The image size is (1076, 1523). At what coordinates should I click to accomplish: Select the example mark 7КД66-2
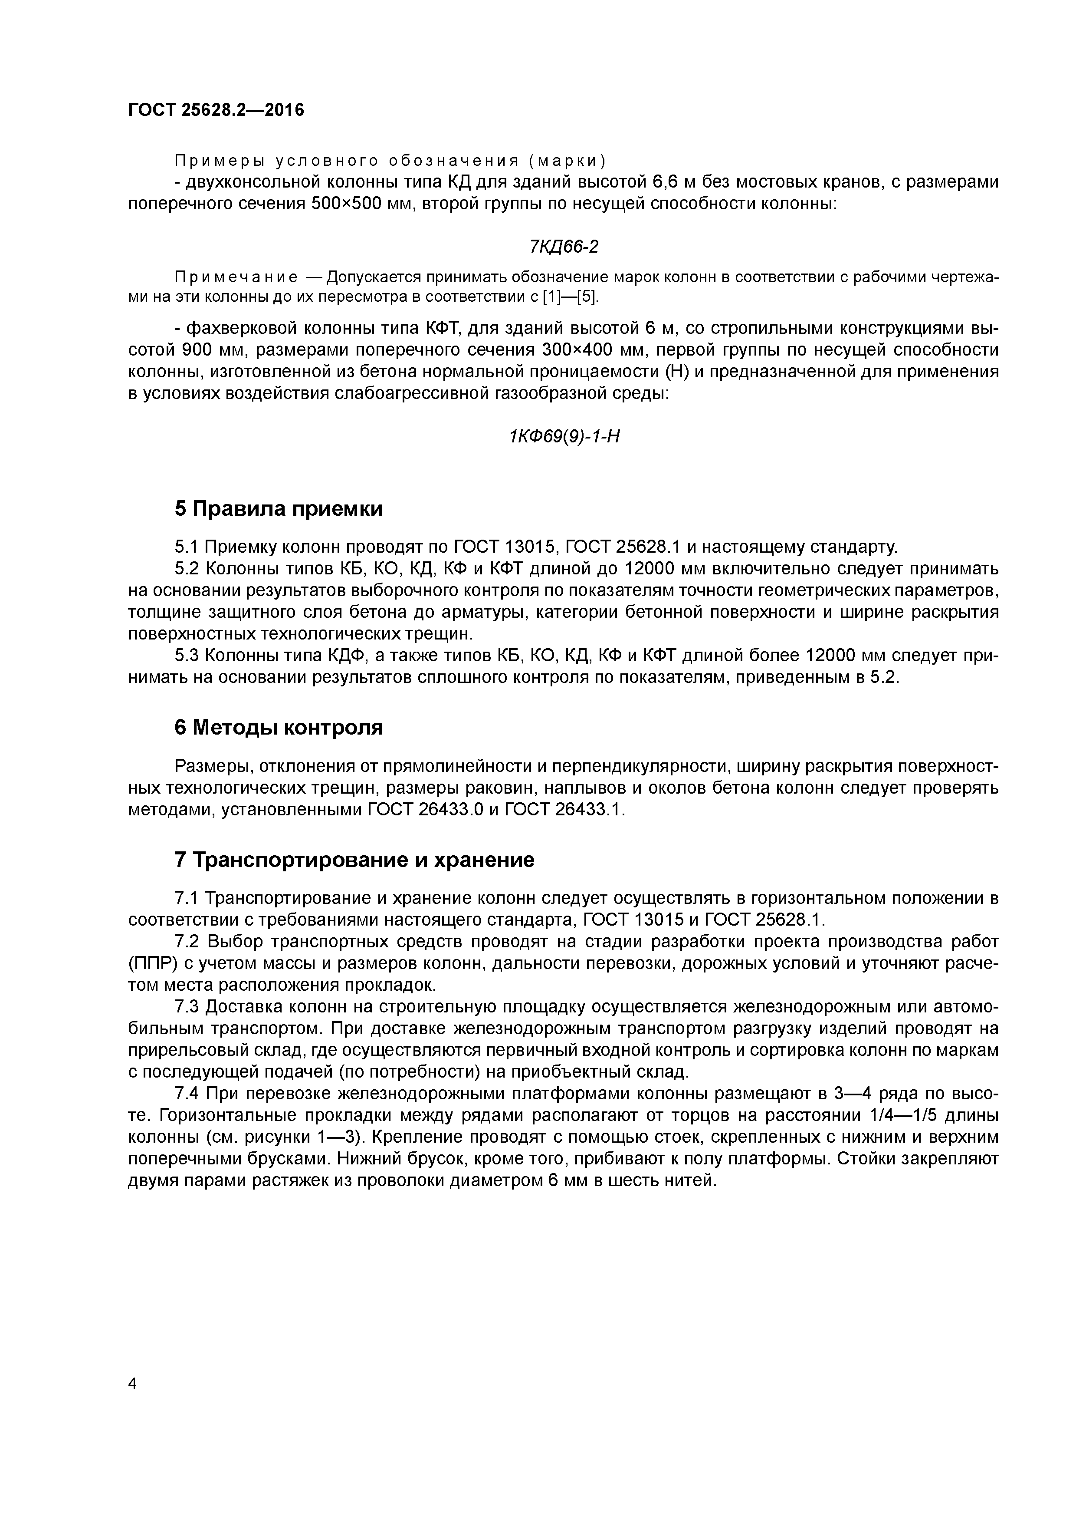point(564,247)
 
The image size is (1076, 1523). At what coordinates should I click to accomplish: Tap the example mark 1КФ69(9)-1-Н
point(564,436)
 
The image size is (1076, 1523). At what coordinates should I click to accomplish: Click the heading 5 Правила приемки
point(279,509)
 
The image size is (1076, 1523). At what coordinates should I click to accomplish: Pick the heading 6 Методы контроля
point(279,728)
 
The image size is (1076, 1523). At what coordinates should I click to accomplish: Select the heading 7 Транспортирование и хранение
point(354,860)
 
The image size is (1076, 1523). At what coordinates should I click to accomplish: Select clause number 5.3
point(187,656)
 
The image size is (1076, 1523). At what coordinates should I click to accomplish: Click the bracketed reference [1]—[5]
point(570,297)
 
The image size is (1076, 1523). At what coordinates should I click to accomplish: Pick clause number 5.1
point(187,547)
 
